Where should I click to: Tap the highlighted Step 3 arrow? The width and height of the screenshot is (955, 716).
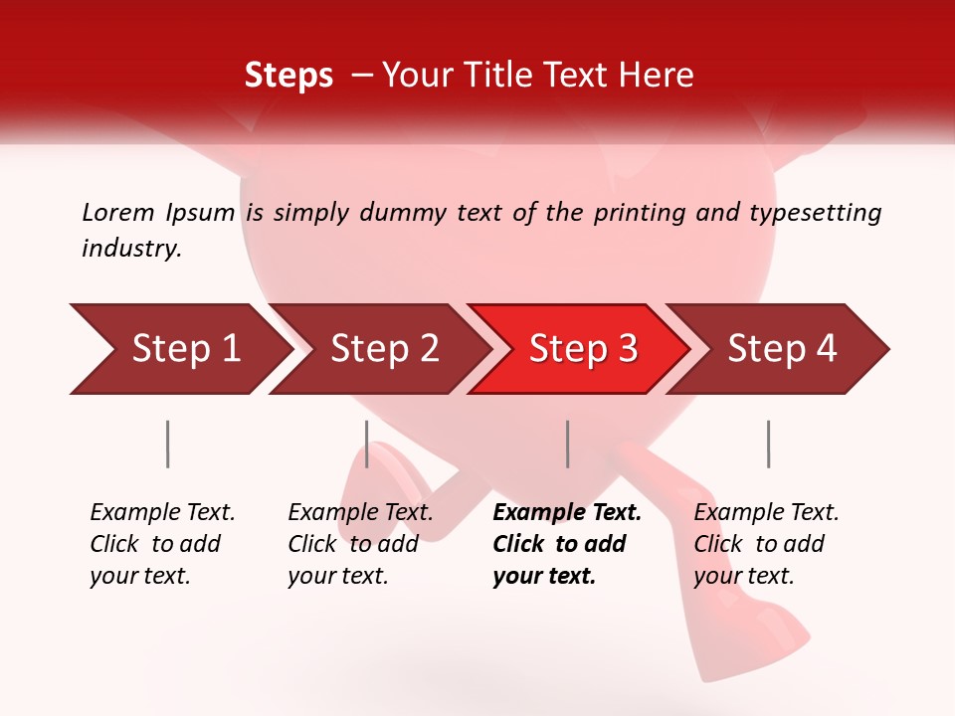click(x=583, y=348)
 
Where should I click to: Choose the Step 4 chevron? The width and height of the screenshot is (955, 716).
click(x=782, y=348)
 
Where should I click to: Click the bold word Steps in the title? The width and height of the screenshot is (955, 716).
click(x=288, y=76)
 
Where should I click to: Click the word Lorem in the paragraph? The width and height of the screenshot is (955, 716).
click(x=117, y=212)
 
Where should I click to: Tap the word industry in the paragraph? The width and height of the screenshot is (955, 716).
click(x=131, y=249)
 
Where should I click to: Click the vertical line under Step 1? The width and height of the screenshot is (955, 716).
click(x=168, y=444)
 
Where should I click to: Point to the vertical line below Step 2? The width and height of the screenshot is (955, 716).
click(x=367, y=444)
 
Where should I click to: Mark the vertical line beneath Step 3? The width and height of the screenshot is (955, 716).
click(x=568, y=444)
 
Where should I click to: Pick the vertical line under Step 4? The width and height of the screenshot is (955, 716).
click(x=769, y=444)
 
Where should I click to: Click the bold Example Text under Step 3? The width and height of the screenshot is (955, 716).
click(x=567, y=513)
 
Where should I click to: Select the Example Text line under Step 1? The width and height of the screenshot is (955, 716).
click(x=162, y=513)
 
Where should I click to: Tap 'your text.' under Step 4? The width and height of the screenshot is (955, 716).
click(x=743, y=577)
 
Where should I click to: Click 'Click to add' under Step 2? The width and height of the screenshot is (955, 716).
click(x=353, y=545)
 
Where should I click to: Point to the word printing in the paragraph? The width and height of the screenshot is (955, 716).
click(x=631, y=212)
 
